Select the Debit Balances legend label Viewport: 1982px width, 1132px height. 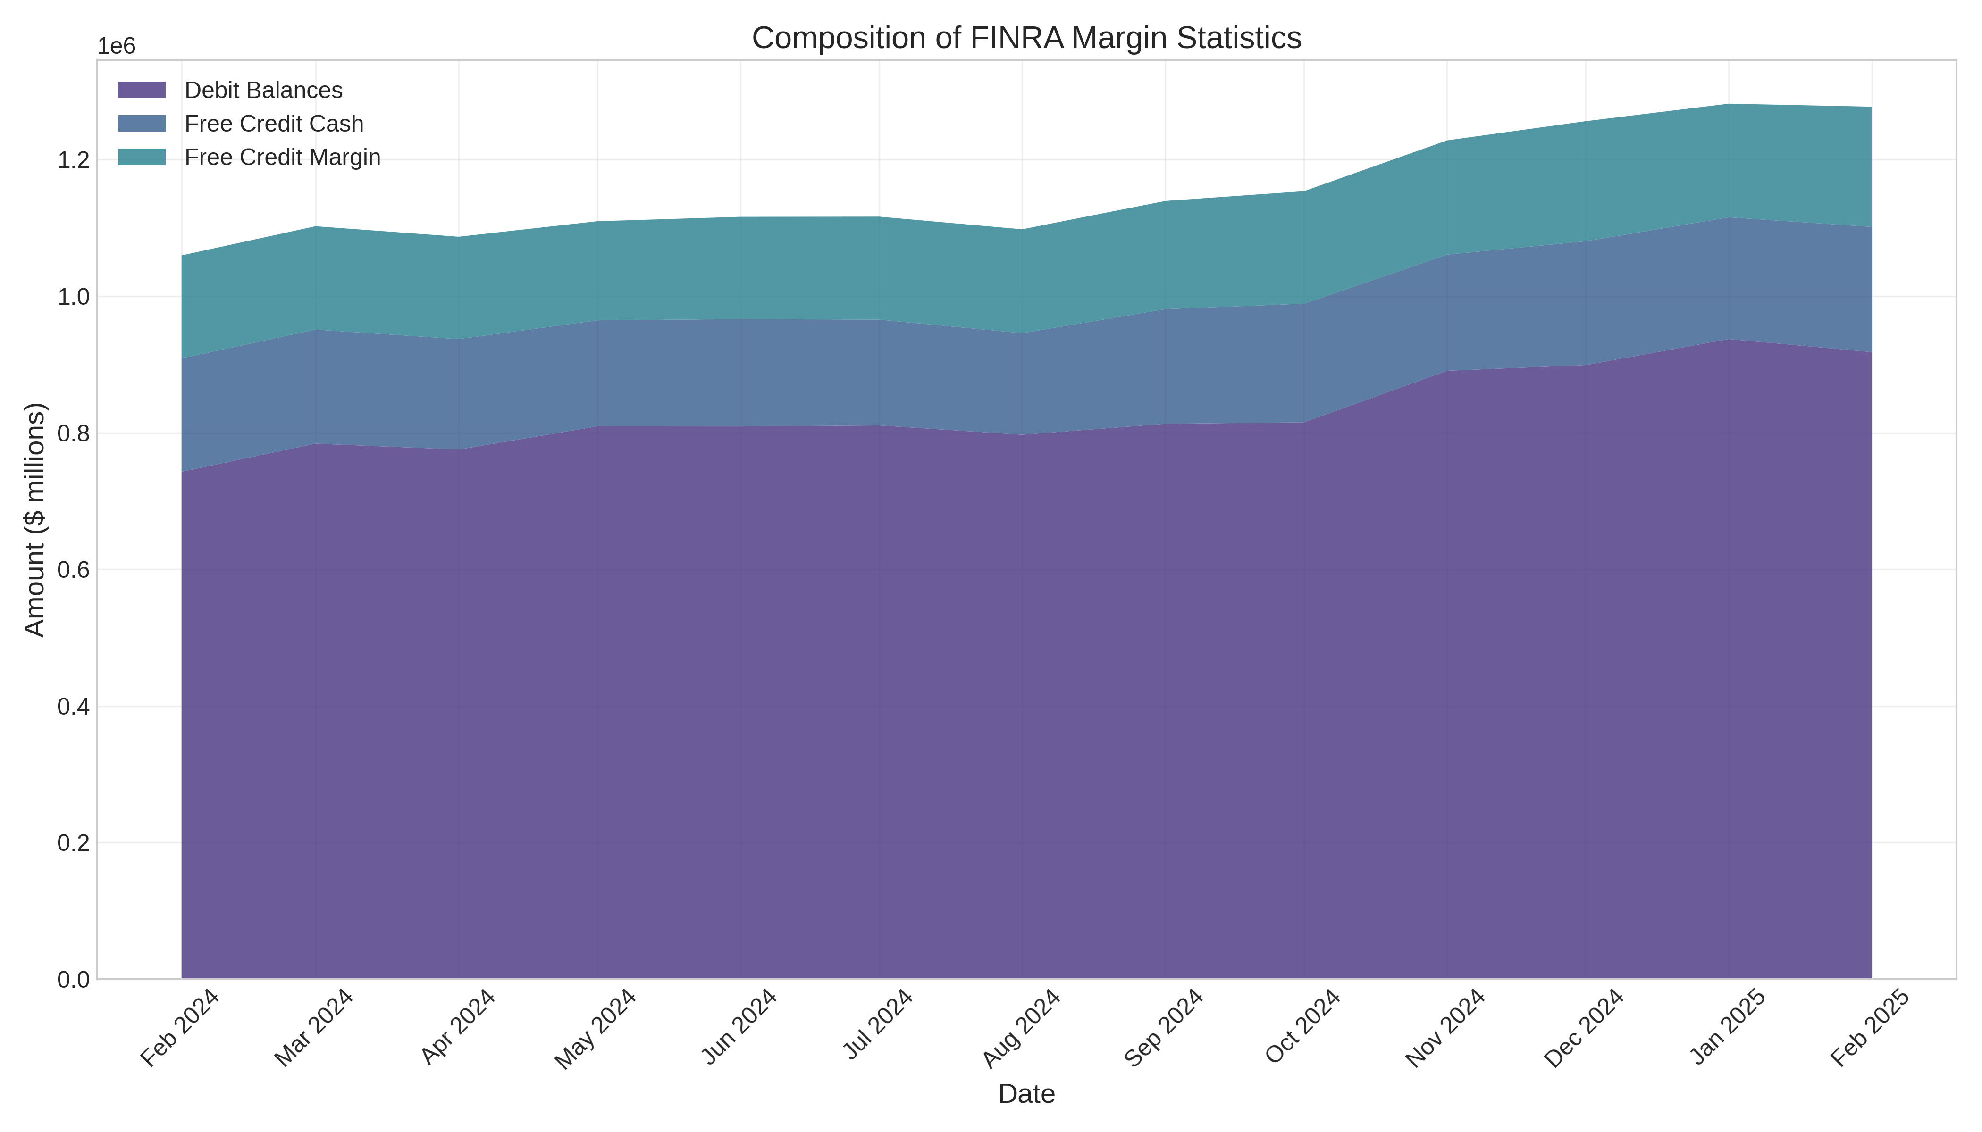263,90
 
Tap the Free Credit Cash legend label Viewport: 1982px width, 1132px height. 274,124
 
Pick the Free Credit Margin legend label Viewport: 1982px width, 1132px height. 282,157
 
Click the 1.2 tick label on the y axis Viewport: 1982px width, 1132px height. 74,160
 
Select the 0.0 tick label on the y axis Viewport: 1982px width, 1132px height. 74,980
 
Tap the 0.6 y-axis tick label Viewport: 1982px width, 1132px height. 74,570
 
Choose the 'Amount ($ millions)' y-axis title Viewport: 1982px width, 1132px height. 35,519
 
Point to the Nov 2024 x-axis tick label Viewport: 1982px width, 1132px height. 1446,1028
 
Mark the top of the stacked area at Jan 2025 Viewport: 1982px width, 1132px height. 1729,104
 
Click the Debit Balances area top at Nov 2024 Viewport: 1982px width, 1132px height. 1447,371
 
